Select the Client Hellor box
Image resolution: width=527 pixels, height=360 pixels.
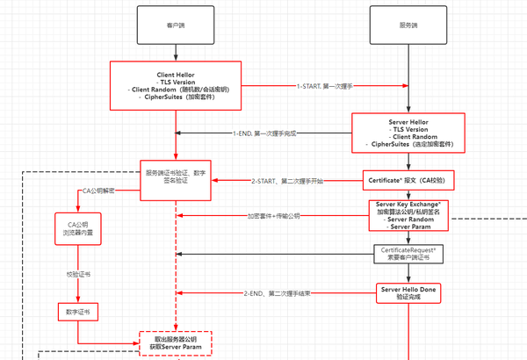[176, 84]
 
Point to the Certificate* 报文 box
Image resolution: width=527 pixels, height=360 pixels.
[407, 181]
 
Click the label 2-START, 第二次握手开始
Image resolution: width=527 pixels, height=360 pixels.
[286, 181]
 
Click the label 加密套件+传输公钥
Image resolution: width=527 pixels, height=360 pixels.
[272, 215]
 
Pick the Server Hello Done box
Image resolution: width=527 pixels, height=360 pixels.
[407, 292]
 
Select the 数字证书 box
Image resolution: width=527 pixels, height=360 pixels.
[78, 311]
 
